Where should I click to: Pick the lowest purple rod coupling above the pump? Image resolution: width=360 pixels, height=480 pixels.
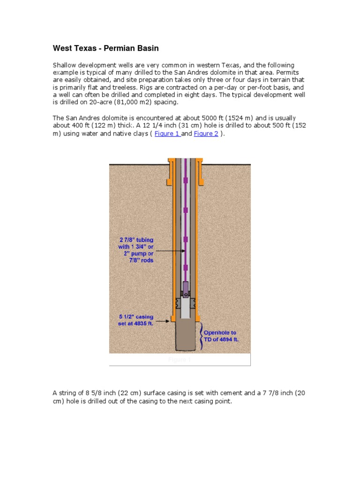point(185,268)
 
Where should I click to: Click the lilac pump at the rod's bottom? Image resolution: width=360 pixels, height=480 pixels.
point(186,288)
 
